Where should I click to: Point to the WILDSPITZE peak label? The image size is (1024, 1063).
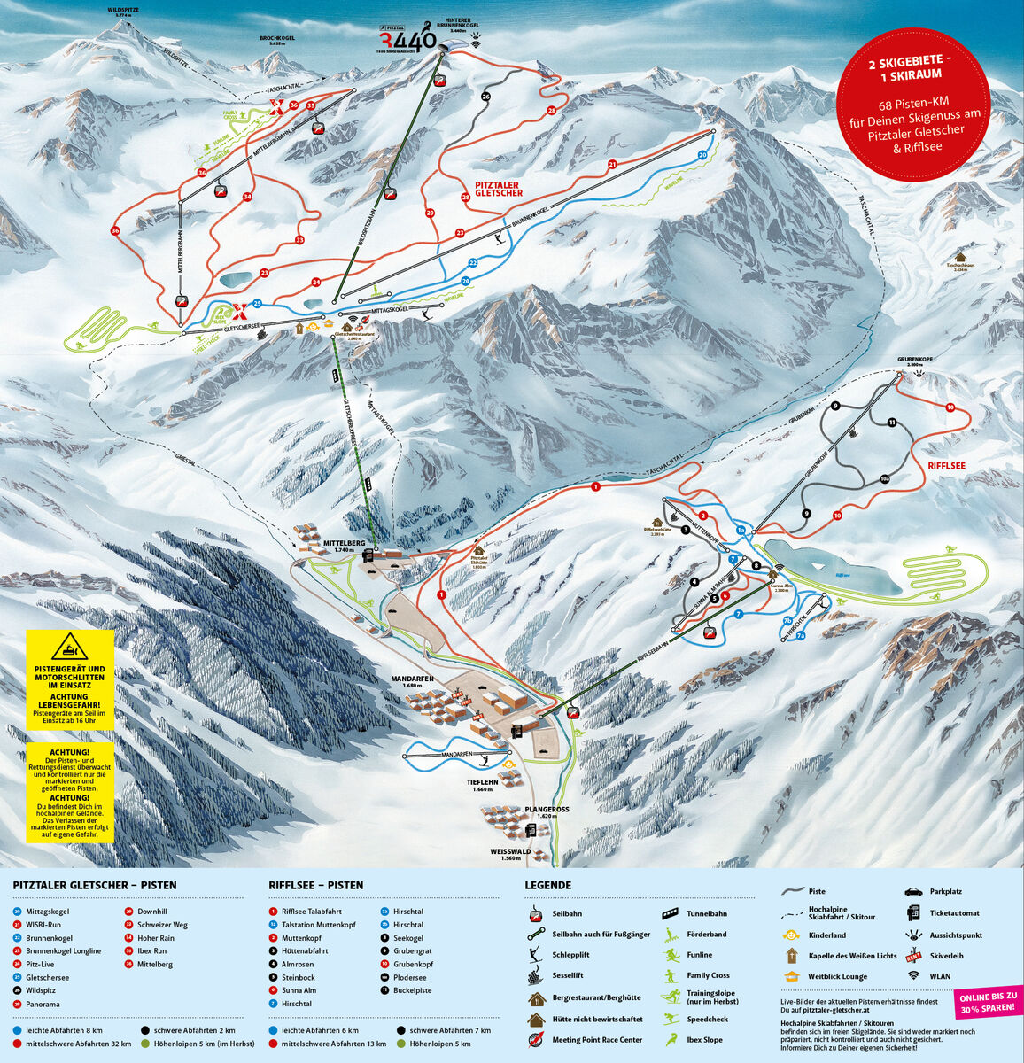[x=124, y=13]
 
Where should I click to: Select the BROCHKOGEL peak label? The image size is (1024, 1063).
[x=277, y=40]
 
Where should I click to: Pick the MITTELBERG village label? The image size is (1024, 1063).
[x=345, y=545]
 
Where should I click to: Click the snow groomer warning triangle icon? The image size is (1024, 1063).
[x=70, y=647]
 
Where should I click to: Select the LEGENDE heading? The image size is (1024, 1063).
[x=547, y=885]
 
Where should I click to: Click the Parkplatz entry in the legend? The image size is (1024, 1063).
[x=945, y=892]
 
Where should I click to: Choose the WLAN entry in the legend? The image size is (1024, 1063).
[x=940, y=976]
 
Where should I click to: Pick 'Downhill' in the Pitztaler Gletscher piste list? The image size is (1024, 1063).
[x=151, y=911]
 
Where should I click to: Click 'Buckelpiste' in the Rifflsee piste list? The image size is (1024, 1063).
[x=412, y=990]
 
